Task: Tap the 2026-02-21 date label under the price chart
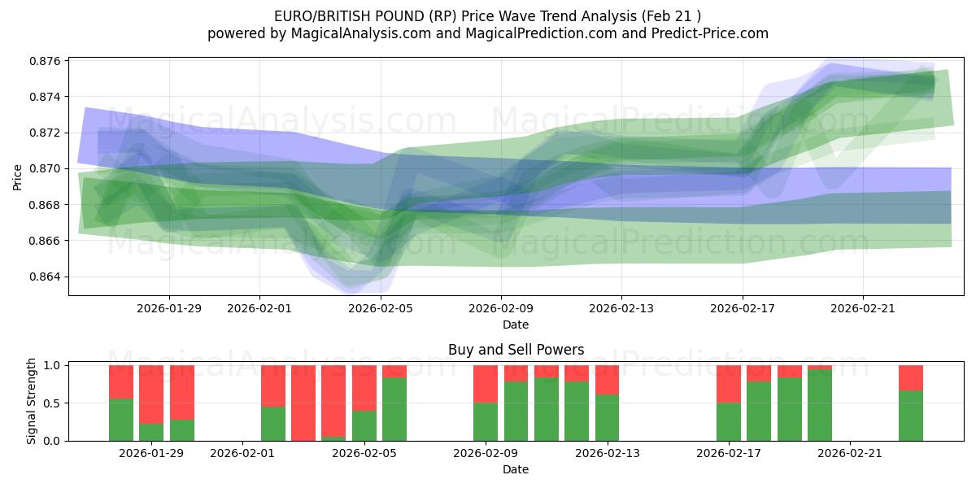[862, 308]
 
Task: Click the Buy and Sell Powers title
[516, 350]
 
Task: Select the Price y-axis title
[18, 176]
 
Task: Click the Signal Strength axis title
[32, 401]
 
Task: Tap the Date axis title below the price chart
[516, 325]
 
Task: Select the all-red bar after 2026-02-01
[303, 403]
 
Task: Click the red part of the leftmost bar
[121, 381]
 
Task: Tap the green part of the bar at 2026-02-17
[729, 422]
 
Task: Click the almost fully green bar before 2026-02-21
[820, 405]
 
